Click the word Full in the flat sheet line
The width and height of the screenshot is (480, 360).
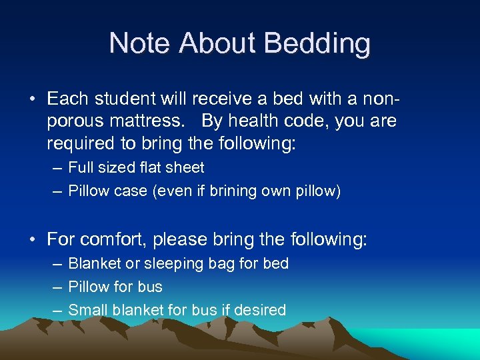[80, 168]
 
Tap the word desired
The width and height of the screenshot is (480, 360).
[262, 310]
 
